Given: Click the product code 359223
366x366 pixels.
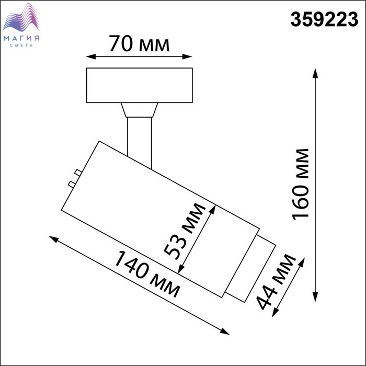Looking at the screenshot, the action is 324,19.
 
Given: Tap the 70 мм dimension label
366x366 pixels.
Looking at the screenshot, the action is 139,43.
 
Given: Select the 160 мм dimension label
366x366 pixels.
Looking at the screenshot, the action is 301,184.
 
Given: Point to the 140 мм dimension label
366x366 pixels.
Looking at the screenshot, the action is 147,274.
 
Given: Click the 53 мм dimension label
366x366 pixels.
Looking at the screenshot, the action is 185,231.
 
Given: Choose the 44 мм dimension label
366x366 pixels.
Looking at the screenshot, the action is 276,282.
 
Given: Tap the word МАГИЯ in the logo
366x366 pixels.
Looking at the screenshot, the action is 21,38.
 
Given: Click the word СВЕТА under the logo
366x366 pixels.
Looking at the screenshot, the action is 21,45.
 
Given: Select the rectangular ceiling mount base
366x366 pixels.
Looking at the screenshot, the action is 140,85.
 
